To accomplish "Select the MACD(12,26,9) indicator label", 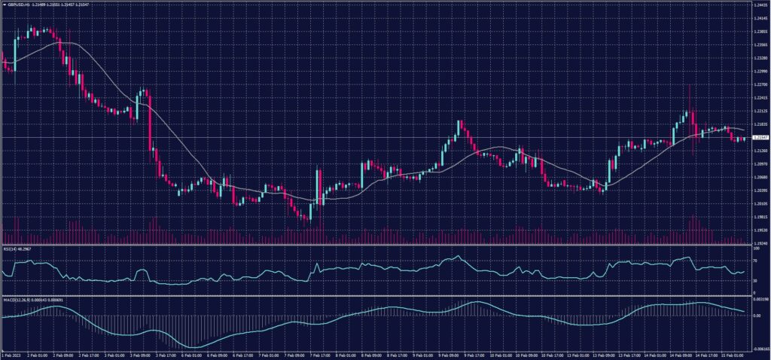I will click(14, 300).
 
